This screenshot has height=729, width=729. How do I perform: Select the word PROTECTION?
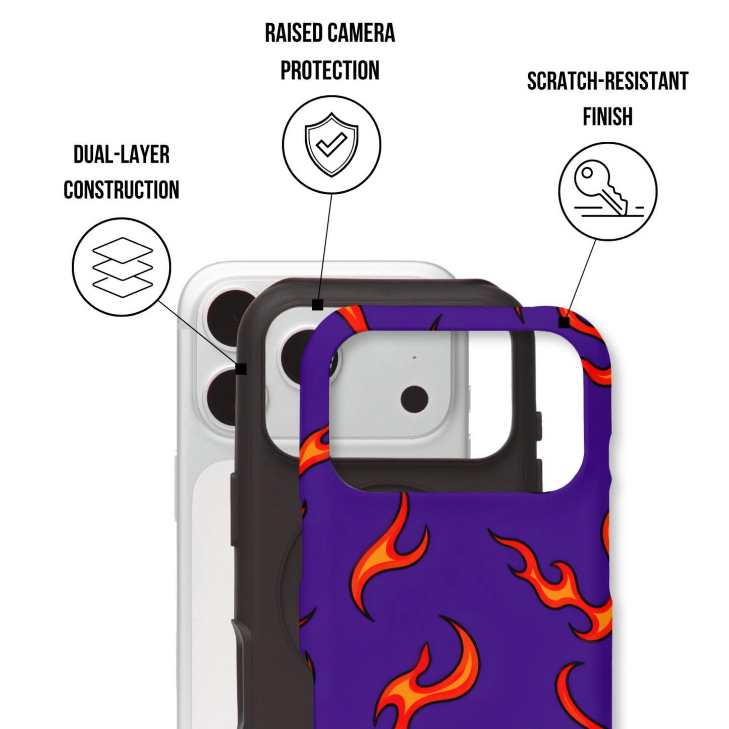tap(330, 70)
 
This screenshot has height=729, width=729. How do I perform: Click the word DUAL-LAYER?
tap(122, 154)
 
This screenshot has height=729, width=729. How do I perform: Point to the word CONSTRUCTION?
tap(122, 190)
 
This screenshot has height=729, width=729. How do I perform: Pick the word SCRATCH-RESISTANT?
tap(607, 81)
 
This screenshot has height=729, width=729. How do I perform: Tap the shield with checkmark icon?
tap(331, 144)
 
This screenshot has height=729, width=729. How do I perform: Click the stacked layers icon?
tap(123, 267)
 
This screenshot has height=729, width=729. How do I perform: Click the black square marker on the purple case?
tap(564, 323)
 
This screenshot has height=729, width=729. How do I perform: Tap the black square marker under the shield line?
tap(317, 305)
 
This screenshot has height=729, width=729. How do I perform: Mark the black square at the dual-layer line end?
tap(241, 369)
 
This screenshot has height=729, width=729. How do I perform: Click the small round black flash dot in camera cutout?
tap(414, 399)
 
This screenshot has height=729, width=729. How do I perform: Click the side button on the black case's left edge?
tap(234, 509)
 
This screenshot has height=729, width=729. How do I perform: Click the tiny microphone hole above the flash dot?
tap(415, 357)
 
